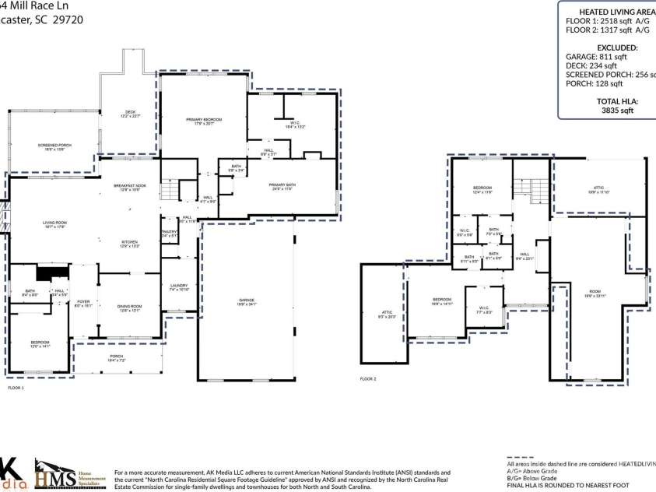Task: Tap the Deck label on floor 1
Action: tap(131, 114)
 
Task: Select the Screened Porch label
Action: tap(55, 147)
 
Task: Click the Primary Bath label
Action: tap(282, 186)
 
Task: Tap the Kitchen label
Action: tap(129, 244)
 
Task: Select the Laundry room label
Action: tap(179, 287)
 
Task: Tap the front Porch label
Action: tap(116, 357)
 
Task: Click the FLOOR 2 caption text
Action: tap(368, 379)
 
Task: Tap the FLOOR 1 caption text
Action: tap(16, 387)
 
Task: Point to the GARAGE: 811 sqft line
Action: tap(596, 57)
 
